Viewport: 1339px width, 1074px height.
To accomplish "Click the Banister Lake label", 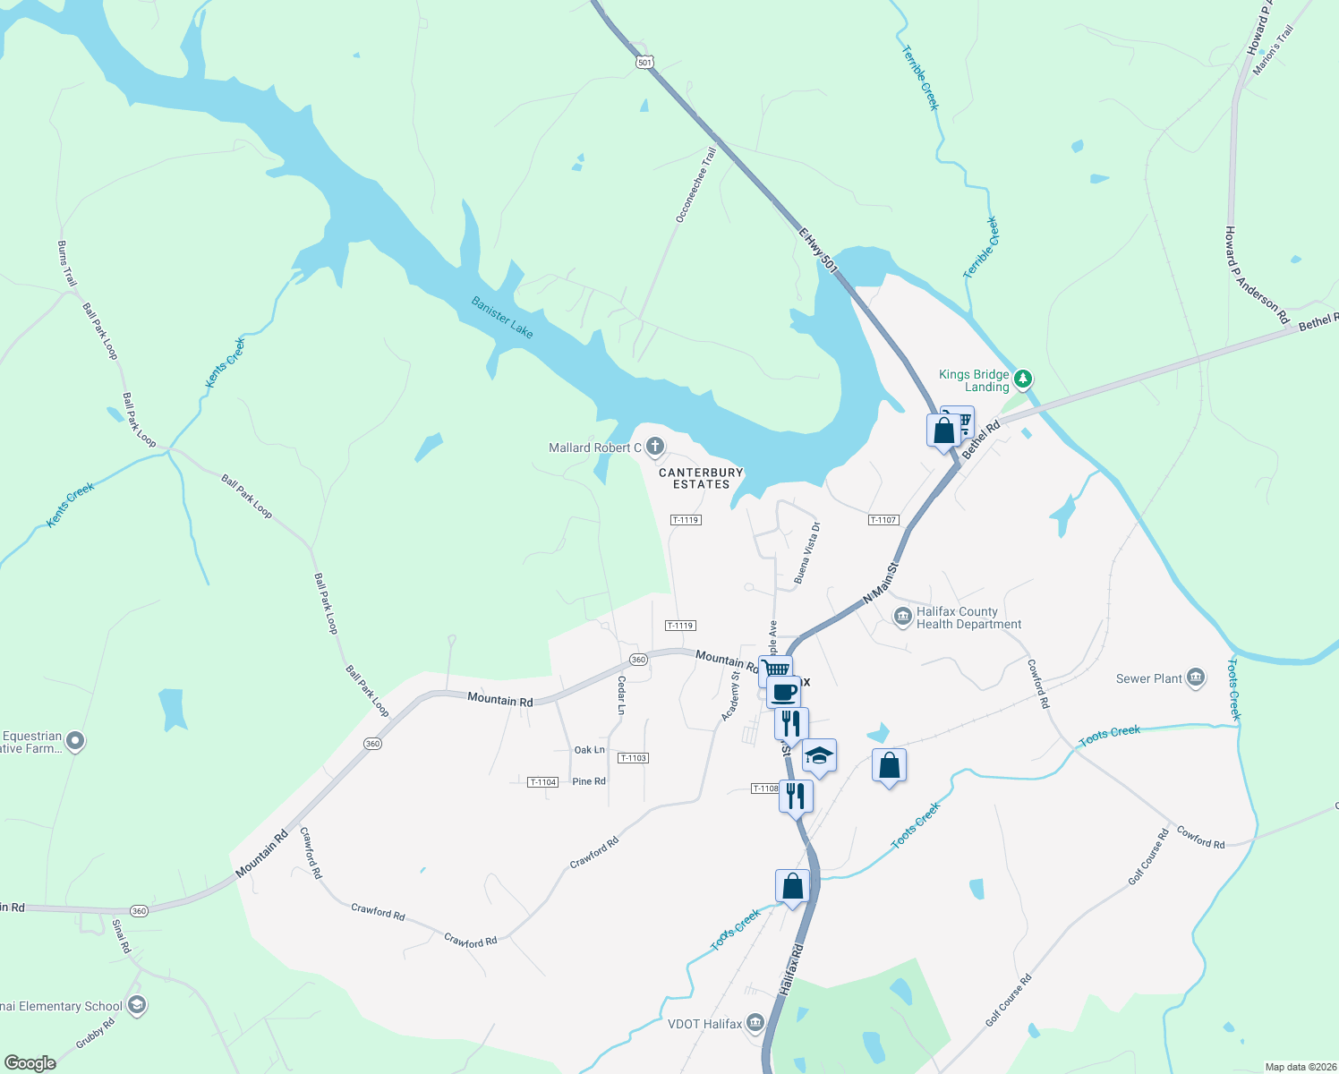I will point(502,318).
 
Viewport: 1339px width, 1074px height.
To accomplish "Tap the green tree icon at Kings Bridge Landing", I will point(1024,379).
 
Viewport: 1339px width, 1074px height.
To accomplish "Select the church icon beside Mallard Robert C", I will point(655,447).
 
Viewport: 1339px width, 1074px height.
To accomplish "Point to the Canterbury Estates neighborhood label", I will point(701,478).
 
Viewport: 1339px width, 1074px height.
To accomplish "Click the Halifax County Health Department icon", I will point(902,617).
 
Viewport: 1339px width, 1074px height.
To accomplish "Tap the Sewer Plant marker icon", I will point(1196,678).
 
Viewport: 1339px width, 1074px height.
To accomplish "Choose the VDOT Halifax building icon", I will point(755,1023).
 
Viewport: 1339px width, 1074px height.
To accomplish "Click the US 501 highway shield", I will point(645,62).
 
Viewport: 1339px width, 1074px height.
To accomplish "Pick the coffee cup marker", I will point(783,692).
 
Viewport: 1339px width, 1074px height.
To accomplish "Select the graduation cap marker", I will point(819,756).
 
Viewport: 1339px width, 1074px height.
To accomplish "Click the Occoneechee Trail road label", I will point(695,185).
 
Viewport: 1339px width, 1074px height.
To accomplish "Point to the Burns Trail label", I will point(67,264).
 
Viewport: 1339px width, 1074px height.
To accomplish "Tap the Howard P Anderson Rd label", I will point(1256,275).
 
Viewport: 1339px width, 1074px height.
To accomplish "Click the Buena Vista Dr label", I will point(806,553).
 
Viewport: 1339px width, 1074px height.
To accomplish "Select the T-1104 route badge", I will point(543,782).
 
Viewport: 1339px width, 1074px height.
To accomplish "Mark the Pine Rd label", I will point(589,781).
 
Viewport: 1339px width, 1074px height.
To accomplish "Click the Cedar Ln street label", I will point(621,695).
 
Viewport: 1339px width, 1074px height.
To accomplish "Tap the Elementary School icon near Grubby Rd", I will point(136,1005).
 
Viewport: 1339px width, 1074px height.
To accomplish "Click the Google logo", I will point(30,1062).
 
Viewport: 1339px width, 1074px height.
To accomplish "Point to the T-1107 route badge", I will point(883,520).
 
